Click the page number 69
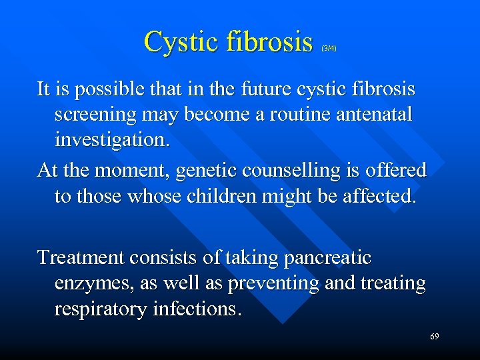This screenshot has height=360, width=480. click(x=434, y=337)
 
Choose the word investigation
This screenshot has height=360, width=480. click(x=112, y=141)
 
